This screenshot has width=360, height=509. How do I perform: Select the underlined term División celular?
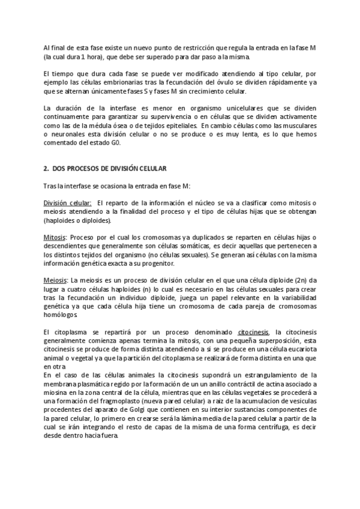pyautogui.click(x=67, y=203)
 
